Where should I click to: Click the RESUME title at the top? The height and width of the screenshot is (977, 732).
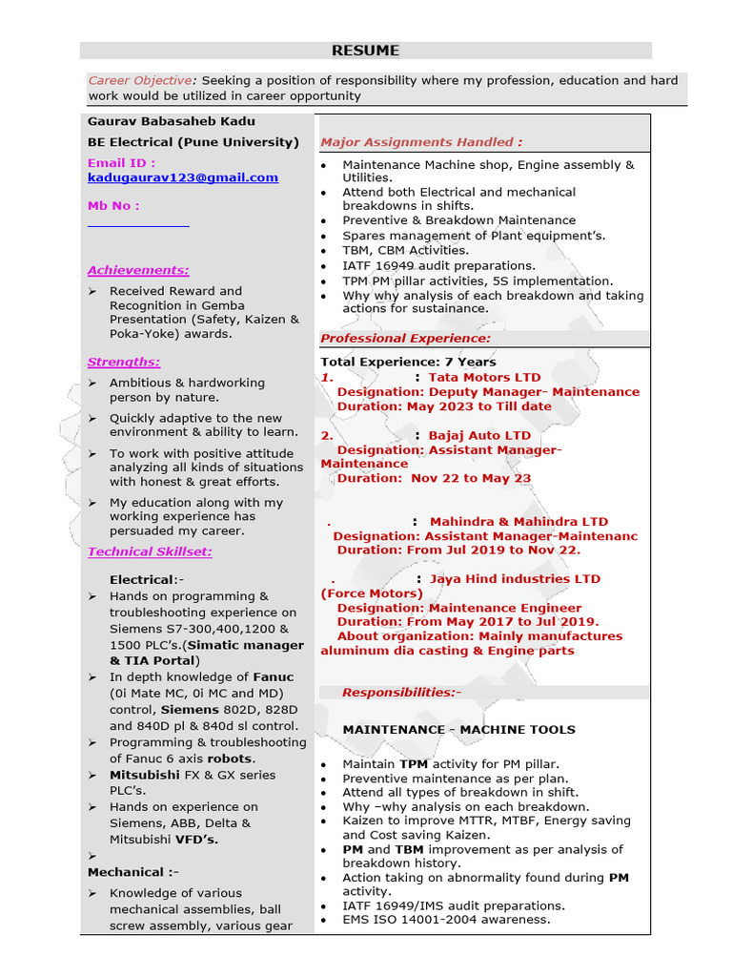tap(365, 51)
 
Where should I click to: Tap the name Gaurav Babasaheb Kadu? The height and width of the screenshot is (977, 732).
tap(172, 121)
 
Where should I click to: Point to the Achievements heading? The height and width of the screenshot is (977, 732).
tap(138, 270)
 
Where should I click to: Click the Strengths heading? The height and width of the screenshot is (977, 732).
tap(124, 362)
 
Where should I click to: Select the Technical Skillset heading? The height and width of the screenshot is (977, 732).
tap(150, 551)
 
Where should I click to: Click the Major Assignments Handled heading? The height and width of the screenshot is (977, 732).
tap(421, 142)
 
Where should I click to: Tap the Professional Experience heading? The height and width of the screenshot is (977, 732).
tap(406, 339)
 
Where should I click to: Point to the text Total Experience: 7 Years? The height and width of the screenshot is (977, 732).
tap(408, 362)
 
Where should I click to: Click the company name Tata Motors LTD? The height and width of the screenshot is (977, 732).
tap(484, 378)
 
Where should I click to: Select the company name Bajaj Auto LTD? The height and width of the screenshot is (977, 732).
tap(479, 435)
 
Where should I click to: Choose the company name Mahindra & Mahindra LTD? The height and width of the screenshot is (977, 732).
tap(518, 522)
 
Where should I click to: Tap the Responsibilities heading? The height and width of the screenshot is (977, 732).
tap(401, 693)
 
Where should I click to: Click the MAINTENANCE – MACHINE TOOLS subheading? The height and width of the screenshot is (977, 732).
tap(458, 730)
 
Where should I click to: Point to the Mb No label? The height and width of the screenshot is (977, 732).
tap(113, 205)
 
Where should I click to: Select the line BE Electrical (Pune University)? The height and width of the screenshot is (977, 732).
tap(193, 142)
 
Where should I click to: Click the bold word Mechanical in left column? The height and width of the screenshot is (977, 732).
tap(126, 872)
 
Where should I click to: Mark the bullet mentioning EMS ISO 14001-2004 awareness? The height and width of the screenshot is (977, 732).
tap(446, 920)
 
